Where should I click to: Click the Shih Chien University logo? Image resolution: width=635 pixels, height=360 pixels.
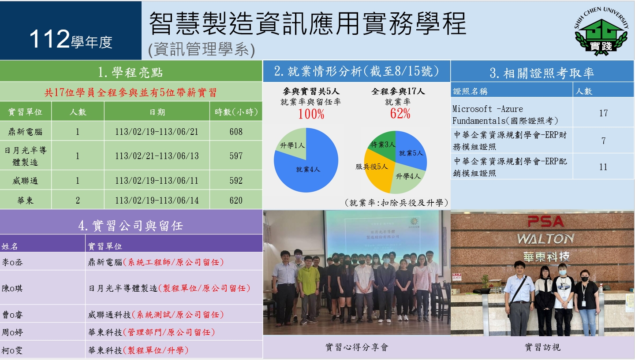(601, 31)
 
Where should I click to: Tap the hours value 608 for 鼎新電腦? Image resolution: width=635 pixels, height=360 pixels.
(236, 132)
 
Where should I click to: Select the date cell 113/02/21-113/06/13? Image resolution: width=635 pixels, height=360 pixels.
(157, 156)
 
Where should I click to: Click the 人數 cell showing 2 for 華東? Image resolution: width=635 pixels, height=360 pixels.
(78, 200)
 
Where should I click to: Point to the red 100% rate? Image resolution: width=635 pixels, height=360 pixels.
(311, 114)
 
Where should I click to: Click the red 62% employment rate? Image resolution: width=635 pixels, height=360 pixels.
(400, 114)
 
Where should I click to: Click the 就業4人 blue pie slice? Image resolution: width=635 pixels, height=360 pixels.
(309, 170)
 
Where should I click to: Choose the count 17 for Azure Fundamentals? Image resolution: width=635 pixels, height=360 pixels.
(603, 113)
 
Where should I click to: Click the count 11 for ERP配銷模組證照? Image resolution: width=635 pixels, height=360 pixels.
(603, 167)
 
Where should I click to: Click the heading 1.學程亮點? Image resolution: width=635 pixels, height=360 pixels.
(131, 72)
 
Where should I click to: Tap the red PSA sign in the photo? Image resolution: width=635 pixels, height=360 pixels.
(545, 221)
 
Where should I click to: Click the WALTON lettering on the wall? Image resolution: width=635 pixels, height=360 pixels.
(545, 239)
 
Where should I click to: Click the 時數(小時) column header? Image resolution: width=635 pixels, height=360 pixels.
(236, 112)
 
